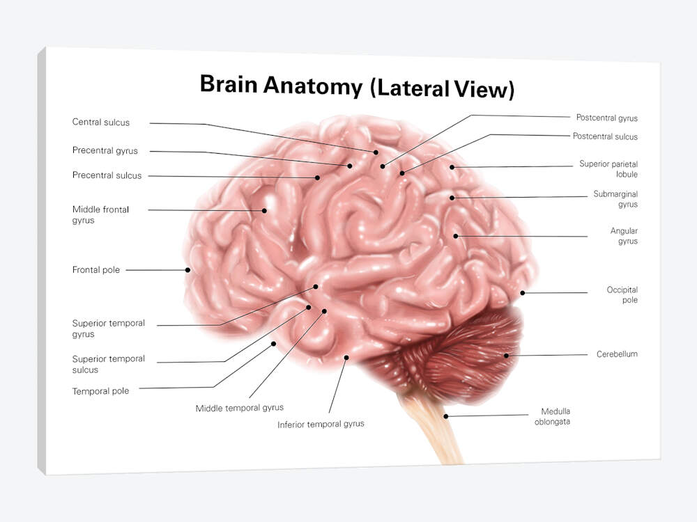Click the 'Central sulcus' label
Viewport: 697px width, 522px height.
tap(101, 122)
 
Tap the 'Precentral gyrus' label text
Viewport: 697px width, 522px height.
tap(105, 150)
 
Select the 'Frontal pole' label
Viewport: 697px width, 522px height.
tap(96, 270)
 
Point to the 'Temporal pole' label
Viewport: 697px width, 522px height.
tap(100, 391)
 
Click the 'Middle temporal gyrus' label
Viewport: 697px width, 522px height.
tap(240, 408)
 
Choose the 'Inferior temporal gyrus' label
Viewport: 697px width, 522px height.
tap(321, 425)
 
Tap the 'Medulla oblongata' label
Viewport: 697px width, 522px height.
tap(552, 416)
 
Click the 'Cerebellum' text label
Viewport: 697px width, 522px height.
tap(617, 354)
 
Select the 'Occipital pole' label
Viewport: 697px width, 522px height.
tap(622, 294)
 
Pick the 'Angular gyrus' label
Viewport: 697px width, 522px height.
tap(624, 236)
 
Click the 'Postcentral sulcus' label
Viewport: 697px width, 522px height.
tap(605, 136)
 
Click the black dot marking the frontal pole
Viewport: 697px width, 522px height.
tap(188, 270)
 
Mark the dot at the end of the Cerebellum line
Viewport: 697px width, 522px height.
tap(506, 356)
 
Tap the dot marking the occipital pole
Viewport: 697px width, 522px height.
tap(523, 293)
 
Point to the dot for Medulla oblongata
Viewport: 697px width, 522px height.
tap(446, 416)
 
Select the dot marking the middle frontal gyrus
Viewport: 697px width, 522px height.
tap(264, 211)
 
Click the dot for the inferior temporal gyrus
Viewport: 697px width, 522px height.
tap(346, 357)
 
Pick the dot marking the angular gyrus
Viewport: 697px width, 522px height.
tap(456, 236)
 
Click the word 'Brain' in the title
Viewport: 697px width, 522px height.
tap(229, 84)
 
